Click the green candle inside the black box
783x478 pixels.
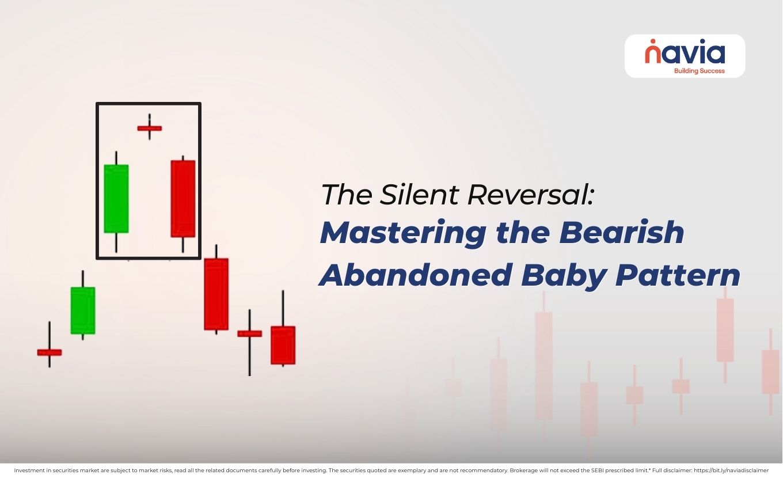(x=116, y=199)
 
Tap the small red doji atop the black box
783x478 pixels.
(x=150, y=128)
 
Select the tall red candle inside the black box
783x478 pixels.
(x=183, y=199)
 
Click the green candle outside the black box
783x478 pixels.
(x=83, y=310)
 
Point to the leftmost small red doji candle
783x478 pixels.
(x=50, y=352)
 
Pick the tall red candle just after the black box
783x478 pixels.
(x=216, y=294)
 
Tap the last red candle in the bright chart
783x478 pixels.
(x=283, y=345)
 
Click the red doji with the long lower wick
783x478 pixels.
(x=250, y=333)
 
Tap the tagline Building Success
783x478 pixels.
(x=699, y=71)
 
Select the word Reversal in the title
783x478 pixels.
(x=530, y=195)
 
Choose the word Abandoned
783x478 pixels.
(x=415, y=275)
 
